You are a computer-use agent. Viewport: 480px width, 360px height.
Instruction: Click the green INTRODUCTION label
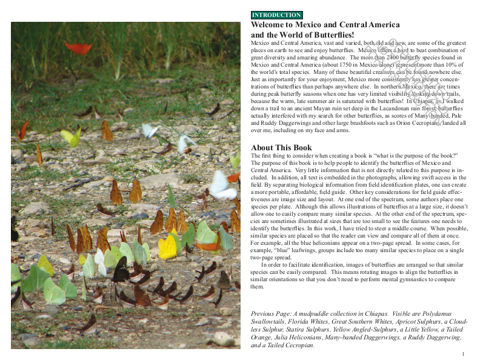click(276, 15)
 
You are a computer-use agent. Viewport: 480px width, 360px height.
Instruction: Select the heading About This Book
click(282, 148)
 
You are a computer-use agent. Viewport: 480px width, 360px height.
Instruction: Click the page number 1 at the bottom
click(462, 354)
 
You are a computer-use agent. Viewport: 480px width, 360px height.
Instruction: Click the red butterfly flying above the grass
click(78, 48)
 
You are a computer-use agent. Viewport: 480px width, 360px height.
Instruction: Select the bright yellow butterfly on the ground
click(167, 246)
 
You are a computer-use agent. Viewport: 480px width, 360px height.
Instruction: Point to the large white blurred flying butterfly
click(221, 186)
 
